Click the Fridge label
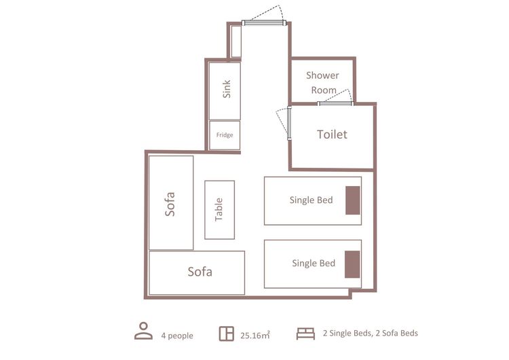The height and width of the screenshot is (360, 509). tap(225, 135)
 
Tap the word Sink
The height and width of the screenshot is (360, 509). tap(227, 90)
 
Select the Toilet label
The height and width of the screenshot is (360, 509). tap(332, 134)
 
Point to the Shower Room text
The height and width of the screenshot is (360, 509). tap(322, 82)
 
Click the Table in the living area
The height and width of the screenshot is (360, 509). tap(219, 210)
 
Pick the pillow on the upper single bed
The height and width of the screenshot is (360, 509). tap(352, 200)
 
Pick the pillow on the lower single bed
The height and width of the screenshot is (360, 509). tap(352, 264)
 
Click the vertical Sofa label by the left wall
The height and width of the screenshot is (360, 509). tap(170, 204)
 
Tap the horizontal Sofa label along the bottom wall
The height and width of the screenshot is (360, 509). tap(200, 272)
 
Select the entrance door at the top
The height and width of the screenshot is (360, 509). tap(264, 22)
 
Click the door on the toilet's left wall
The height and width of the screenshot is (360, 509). tap(289, 123)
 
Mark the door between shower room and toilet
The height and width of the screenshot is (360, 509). tap(336, 103)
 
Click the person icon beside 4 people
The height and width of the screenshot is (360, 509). tap(143, 331)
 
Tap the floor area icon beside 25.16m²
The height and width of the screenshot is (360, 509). tap(226, 334)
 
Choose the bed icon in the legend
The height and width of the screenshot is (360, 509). tap(305, 334)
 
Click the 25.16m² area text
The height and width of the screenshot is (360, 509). tap(255, 336)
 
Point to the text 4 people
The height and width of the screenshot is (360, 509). tap(177, 336)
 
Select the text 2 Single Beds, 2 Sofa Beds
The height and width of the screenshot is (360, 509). tap(371, 333)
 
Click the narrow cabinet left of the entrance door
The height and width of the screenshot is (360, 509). tap(236, 41)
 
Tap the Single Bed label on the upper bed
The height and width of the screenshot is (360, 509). tap(312, 200)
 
